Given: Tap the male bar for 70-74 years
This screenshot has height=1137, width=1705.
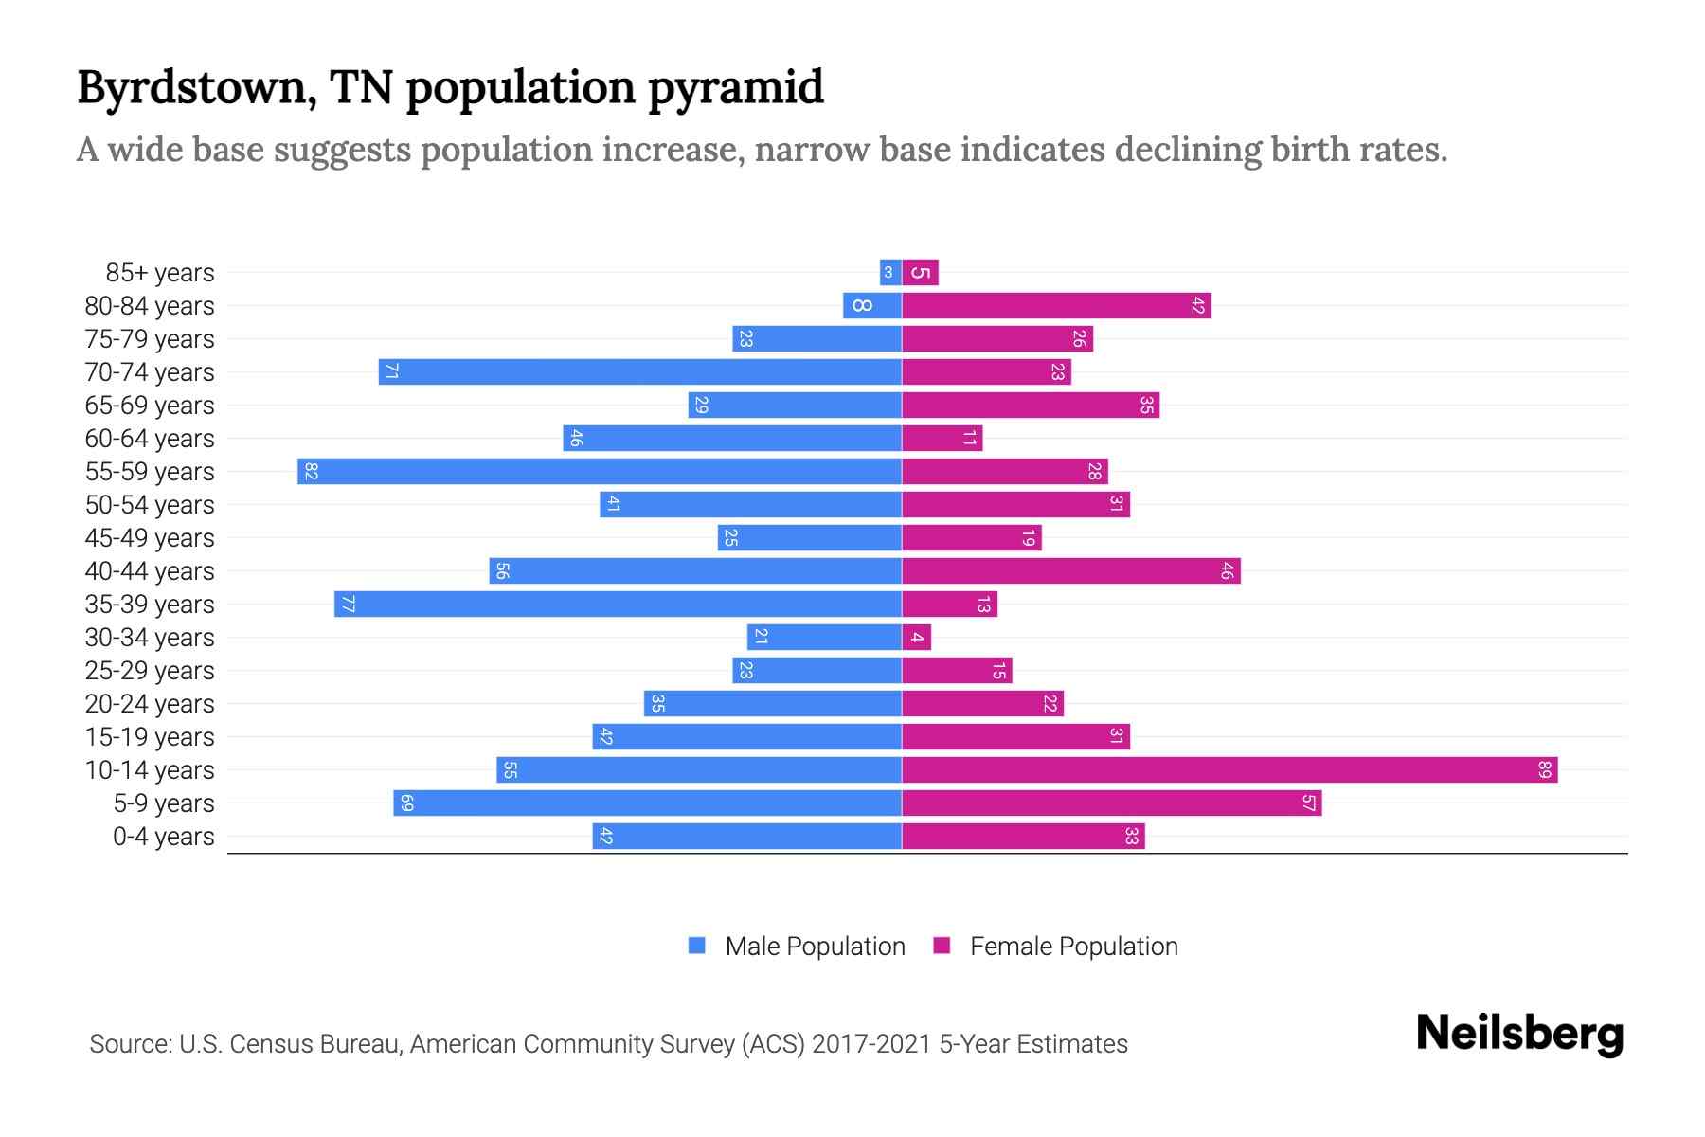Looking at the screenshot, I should (639, 371).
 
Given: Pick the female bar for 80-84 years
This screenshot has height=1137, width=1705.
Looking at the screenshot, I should (1055, 305).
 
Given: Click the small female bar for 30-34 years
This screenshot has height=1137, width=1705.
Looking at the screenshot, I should (916, 637).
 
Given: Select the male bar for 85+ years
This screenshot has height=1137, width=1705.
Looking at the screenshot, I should (889, 272).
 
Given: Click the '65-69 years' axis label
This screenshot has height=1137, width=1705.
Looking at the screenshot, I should (150, 406).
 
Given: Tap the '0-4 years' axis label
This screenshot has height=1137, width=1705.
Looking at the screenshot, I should (163, 837).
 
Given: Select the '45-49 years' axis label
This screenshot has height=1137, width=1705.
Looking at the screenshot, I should (150, 538).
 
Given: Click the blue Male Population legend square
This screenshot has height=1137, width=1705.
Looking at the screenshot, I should (697, 946).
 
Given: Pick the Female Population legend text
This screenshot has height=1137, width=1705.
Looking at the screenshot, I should (1073, 946).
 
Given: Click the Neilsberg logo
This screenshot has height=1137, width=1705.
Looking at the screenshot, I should (1519, 1034).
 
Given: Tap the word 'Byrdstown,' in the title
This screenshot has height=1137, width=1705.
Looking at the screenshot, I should (196, 87).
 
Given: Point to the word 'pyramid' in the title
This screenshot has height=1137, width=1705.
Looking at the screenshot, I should (736, 89).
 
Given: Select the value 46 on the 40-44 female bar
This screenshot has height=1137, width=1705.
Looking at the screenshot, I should (1227, 570).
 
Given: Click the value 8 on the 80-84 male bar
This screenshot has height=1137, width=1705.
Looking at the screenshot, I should (862, 305).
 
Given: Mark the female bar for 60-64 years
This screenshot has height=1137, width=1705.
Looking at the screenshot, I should (942, 438).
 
